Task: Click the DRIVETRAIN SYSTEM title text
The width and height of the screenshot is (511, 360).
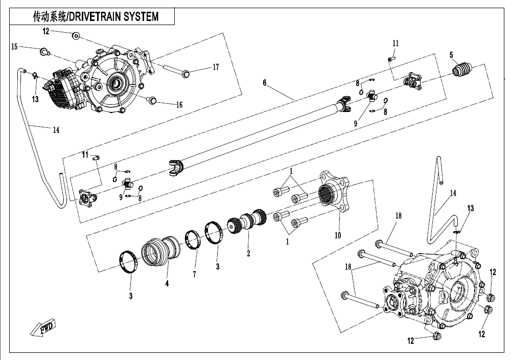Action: (x=96, y=16)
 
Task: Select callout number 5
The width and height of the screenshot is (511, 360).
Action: (x=451, y=55)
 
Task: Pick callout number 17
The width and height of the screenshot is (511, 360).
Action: (x=216, y=67)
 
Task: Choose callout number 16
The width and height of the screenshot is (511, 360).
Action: (x=179, y=105)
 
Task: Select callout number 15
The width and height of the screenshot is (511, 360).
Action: (x=14, y=47)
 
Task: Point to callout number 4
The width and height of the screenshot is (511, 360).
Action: (x=167, y=283)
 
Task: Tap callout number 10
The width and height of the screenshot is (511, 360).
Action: (x=338, y=236)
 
